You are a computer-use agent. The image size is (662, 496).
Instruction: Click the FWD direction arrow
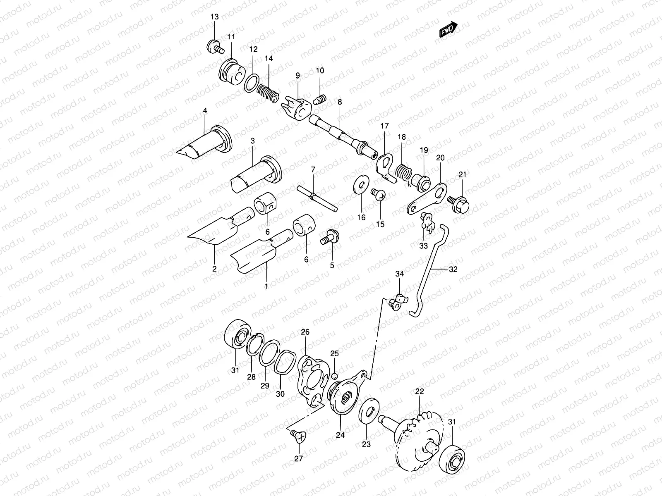pos(448,30)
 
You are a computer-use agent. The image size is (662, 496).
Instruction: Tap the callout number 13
pos(214,17)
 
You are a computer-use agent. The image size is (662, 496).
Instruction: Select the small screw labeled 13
pos(215,46)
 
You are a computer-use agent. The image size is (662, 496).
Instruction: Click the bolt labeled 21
pos(459,202)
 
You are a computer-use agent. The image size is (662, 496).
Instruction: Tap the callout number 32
pos(453,269)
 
